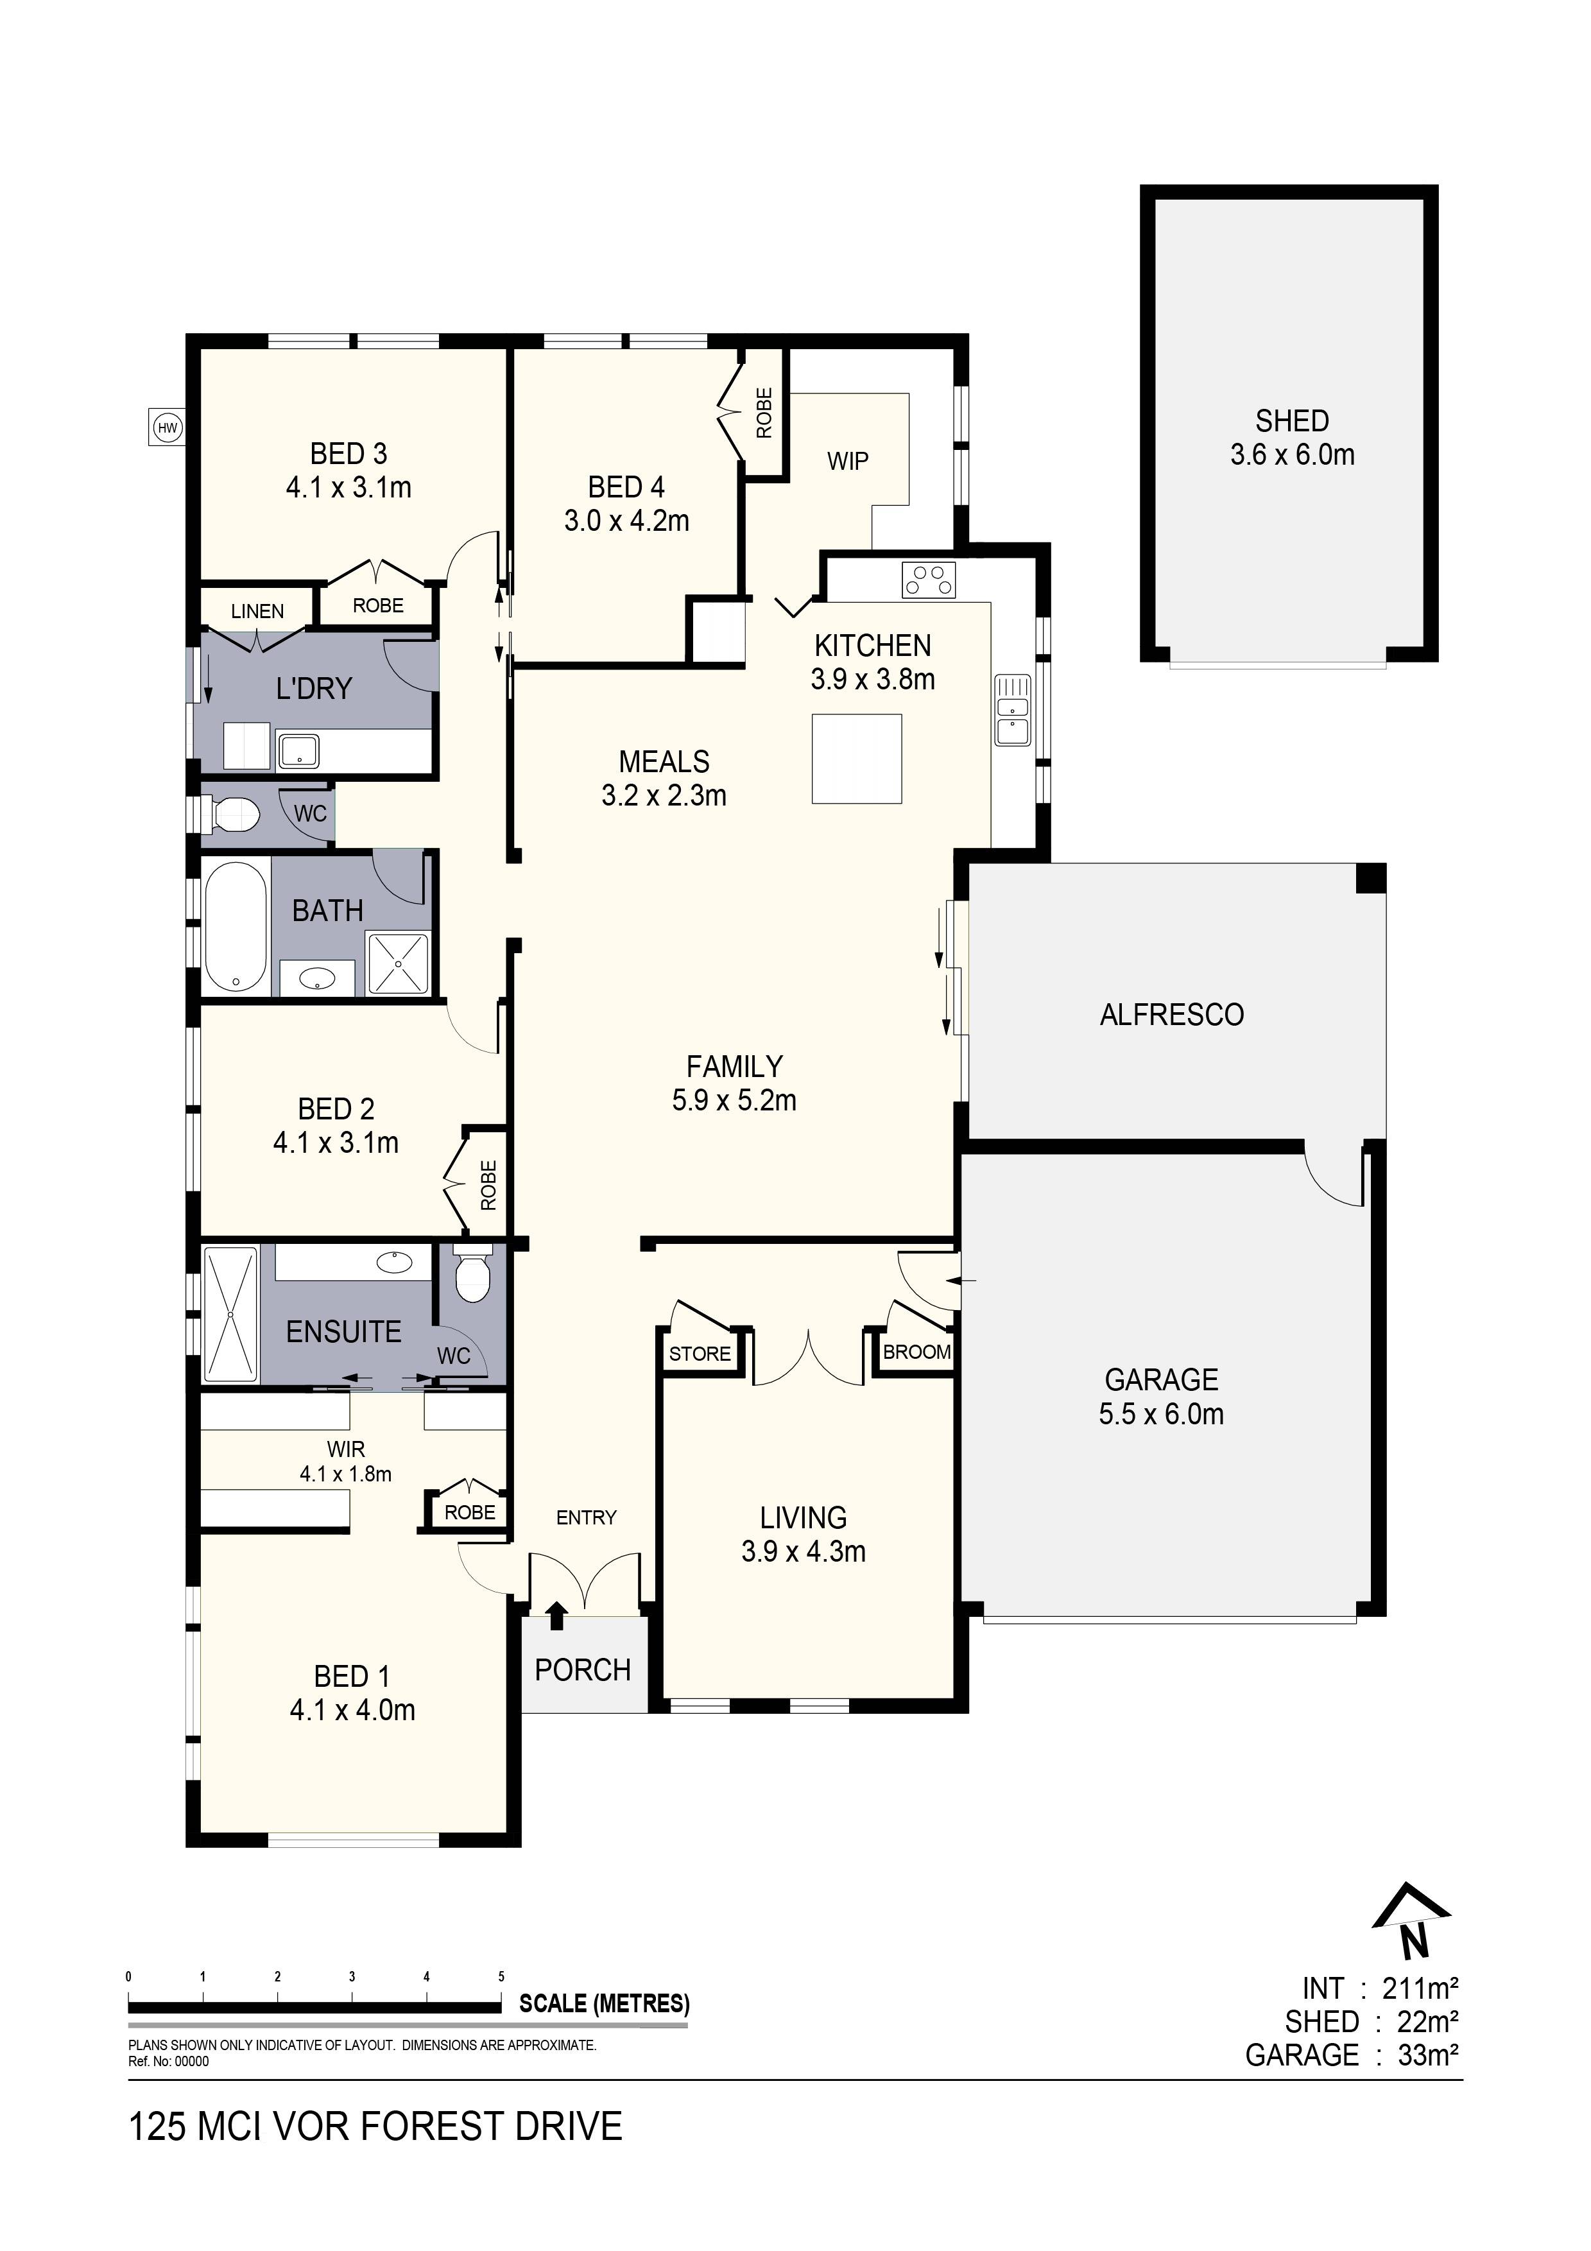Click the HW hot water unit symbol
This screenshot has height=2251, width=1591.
tap(168, 427)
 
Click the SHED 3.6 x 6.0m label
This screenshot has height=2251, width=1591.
tap(1292, 437)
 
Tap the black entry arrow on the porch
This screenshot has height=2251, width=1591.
tap(557, 1615)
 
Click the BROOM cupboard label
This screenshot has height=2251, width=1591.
tap(916, 1352)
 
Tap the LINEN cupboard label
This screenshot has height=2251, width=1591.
tap(257, 611)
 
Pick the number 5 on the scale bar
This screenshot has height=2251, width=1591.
tap(501, 1976)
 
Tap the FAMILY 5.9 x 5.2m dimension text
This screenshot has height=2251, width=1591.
tap(734, 1100)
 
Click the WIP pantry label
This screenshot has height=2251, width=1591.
tap(847, 461)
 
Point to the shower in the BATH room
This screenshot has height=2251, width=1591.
tap(398, 963)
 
